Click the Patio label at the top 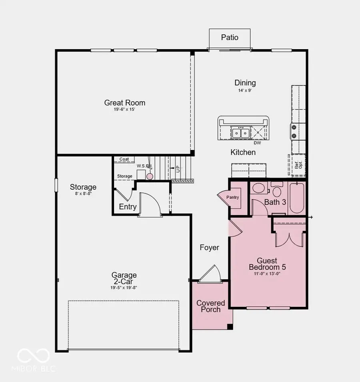(x=230, y=38)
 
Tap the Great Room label (x=125, y=103)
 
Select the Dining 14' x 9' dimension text (x=245, y=90)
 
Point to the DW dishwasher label (x=257, y=143)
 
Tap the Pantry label (x=232, y=197)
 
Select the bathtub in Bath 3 (x=297, y=198)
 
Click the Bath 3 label (x=275, y=202)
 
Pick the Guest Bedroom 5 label (x=267, y=264)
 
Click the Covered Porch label (x=210, y=306)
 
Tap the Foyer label (x=209, y=248)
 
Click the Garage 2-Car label (x=124, y=278)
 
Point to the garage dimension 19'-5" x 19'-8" (x=124, y=287)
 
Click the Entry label (x=128, y=207)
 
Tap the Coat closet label (x=124, y=159)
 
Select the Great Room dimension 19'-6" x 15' (x=125, y=110)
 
